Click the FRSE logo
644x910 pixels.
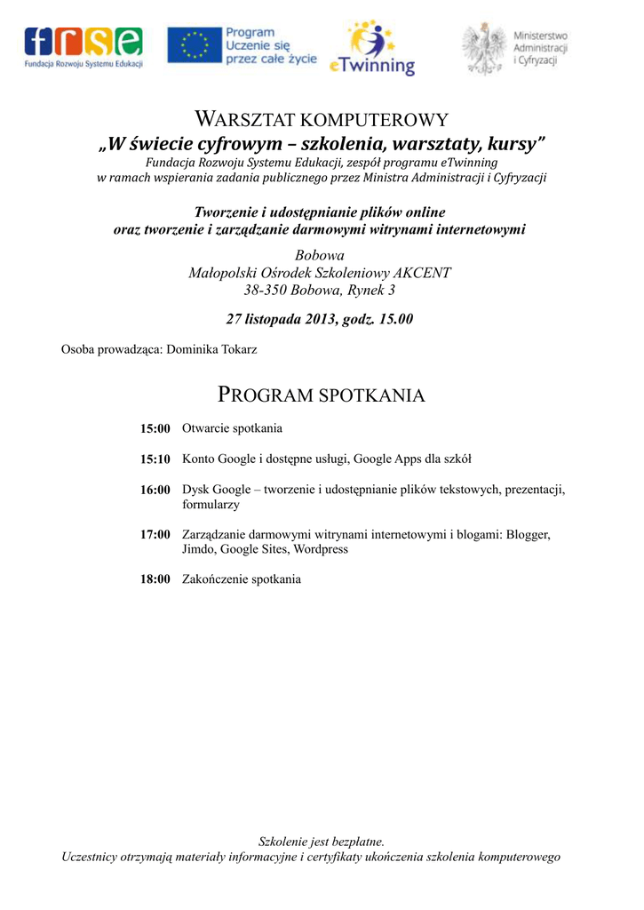click(x=83, y=47)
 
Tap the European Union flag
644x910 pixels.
click(x=195, y=45)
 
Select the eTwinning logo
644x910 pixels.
click(x=372, y=50)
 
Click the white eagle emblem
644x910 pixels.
click(x=484, y=47)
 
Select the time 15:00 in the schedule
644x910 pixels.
click(x=155, y=429)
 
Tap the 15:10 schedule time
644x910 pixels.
click(x=155, y=459)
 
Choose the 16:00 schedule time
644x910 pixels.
click(x=155, y=490)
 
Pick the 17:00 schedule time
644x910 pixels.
click(x=155, y=535)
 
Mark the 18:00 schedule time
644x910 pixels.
click(x=155, y=579)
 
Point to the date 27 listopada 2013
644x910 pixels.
click(x=282, y=319)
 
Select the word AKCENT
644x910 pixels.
click(x=421, y=273)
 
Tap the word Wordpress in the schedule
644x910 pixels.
click(x=320, y=550)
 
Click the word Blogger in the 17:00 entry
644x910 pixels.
click(x=528, y=535)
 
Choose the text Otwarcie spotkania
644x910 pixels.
click(x=232, y=429)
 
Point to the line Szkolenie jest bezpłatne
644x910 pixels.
click(x=322, y=842)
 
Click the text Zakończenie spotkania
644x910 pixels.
click(x=242, y=579)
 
